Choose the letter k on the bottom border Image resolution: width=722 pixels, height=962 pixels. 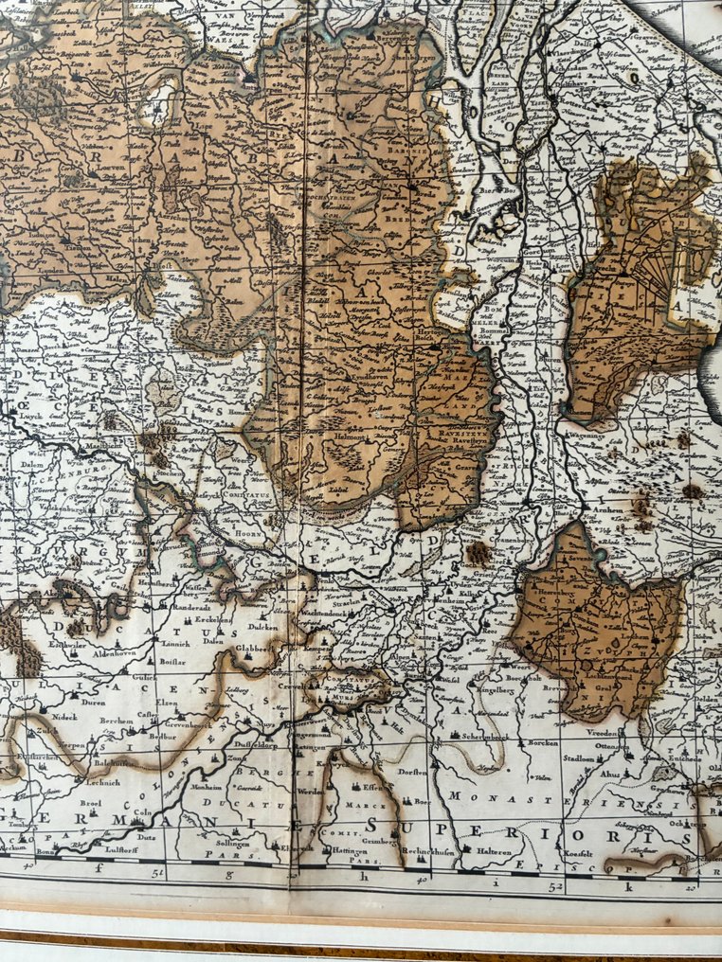coord(627,887)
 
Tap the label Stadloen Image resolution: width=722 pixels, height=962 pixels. coord(578,757)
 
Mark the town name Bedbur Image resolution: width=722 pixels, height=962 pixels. coord(163,735)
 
